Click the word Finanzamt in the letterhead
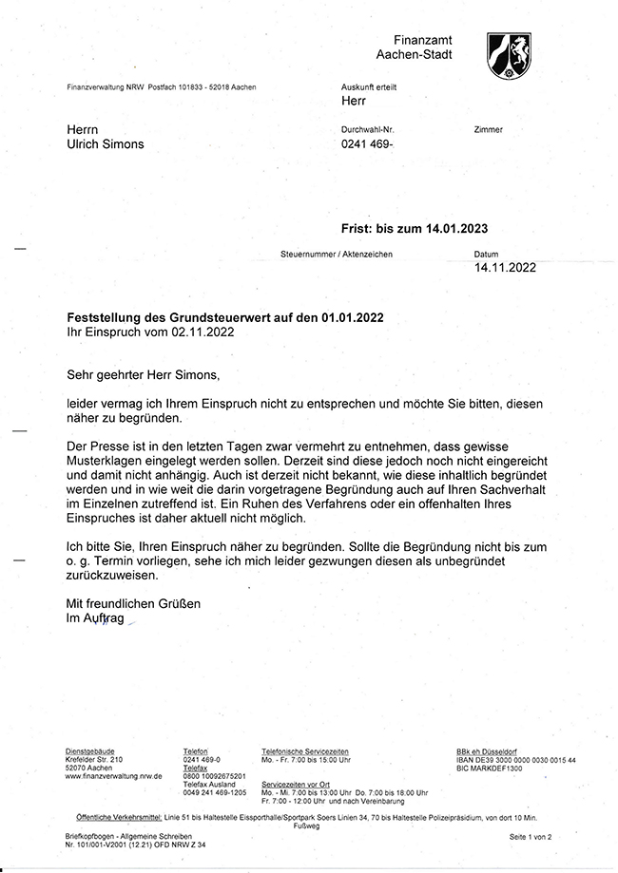point(424,39)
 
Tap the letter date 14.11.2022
point(505,268)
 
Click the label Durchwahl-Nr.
point(367,129)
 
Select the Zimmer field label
point(487,129)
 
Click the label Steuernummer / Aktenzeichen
point(337,255)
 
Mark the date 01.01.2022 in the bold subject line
point(353,316)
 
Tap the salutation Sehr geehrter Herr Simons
point(143,374)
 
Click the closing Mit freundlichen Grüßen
point(133,603)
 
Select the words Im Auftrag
point(95,618)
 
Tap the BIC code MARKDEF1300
point(490,768)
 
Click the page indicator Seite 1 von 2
point(530,836)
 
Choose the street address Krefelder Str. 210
point(94,760)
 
